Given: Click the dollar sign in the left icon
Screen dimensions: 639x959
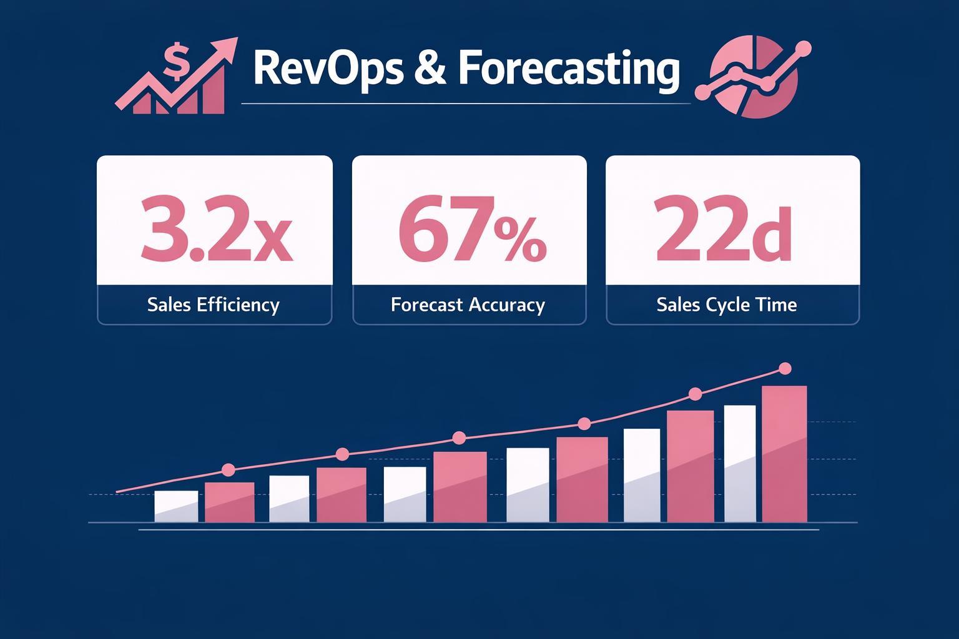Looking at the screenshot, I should [176, 60].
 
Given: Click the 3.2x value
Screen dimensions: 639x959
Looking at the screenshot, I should [215, 228].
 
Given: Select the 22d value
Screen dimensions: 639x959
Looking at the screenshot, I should [723, 228].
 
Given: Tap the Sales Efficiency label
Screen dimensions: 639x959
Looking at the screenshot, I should [214, 305].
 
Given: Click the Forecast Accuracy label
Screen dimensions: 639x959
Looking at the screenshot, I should [468, 305].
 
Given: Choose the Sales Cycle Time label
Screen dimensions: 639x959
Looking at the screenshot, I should [727, 305].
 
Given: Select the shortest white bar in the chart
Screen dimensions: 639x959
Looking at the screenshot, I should [176, 506].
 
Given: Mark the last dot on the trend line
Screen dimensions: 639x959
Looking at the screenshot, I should [785, 369].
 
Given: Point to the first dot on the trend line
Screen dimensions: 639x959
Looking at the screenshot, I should [228, 470].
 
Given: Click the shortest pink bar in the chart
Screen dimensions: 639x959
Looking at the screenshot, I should [230, 502].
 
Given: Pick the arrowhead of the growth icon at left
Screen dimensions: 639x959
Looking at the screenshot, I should [228, 47].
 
